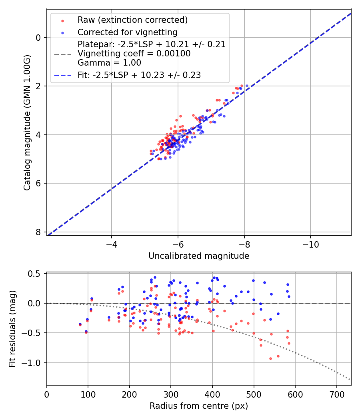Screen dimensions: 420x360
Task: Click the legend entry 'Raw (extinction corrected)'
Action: [132, 20]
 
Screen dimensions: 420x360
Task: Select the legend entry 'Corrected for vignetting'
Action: [127, 32]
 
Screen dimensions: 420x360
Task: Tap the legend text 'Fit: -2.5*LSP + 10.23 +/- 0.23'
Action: [139, 75]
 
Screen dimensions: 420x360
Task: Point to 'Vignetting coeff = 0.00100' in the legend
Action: [134, 54]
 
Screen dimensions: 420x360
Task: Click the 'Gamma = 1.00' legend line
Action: [109, 63]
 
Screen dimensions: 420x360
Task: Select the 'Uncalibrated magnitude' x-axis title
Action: [199, 256]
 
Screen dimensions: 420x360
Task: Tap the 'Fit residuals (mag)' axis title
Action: [13, 329]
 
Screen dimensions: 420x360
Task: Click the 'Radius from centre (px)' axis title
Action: [199, 406]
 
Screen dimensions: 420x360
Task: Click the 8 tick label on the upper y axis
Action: [38, 232]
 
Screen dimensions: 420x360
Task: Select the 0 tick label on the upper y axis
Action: [38, 38]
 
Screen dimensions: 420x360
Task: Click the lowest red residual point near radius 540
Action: [270, 358]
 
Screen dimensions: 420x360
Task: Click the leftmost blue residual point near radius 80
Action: [80, 324]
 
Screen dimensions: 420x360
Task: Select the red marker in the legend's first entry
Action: [62, 20]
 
